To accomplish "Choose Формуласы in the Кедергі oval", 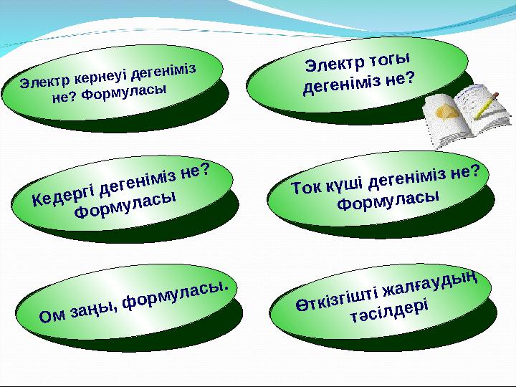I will coord(126,205).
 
